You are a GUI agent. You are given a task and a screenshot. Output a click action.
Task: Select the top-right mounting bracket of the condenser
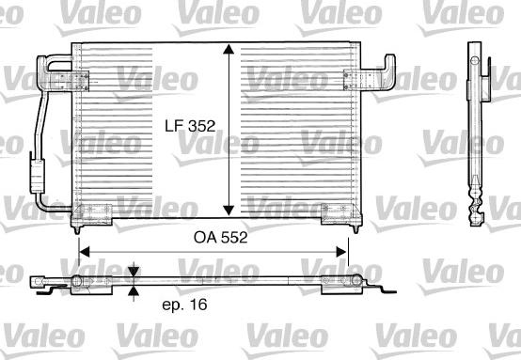tap(369, 75)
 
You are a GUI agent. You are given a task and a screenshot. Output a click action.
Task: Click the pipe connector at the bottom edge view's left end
tap(39, 281)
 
